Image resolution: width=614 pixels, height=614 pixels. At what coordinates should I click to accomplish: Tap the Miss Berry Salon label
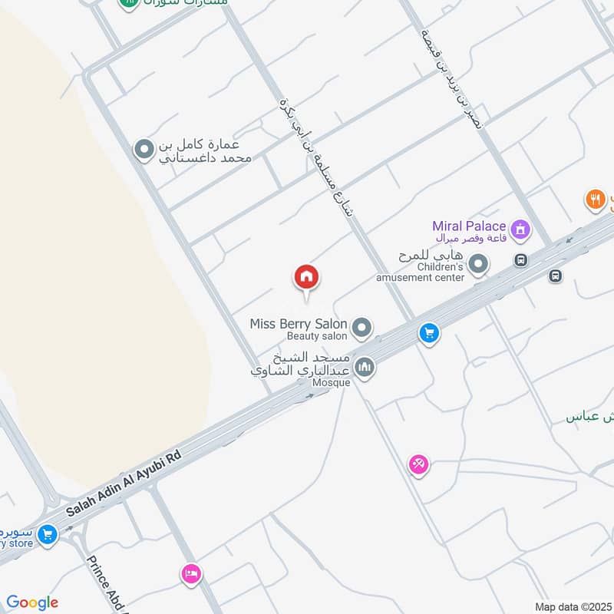tap(299, 324)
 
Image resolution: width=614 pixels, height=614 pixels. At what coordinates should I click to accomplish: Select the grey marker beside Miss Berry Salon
tap(362, 328)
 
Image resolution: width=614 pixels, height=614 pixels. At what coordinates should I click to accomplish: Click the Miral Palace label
tap(468, 226)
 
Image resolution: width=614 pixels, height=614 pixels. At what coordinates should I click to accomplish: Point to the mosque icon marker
tap(365, 367)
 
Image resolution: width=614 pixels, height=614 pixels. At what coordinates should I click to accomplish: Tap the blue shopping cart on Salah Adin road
tap(429, 333)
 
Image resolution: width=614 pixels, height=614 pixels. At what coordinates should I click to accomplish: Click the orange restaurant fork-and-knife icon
tap(596, 200)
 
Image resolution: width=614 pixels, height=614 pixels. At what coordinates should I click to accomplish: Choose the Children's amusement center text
tap(420, 272)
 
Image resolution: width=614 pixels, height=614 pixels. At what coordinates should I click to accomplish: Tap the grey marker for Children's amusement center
tap(479, 266)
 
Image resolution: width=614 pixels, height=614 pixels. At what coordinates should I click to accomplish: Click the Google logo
tap(31, 602)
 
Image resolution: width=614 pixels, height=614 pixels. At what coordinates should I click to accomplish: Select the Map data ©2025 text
tap(572, 606)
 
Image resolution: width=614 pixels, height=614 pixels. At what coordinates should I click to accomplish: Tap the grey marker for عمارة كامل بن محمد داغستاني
tap(144, 150)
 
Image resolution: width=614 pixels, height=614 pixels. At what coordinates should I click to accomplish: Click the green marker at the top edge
tap(129, 4)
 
